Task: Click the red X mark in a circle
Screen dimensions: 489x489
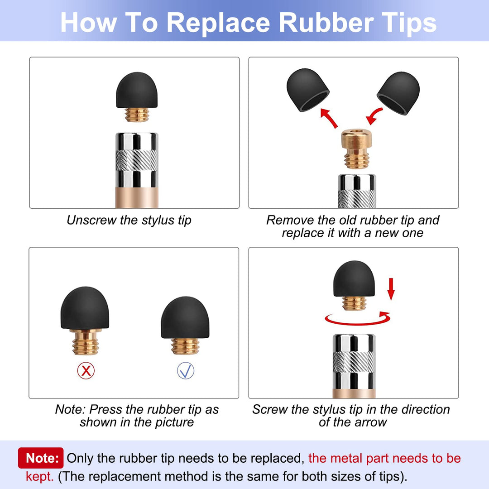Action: click(86, 370)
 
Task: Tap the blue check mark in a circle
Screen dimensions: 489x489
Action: click(186, 370)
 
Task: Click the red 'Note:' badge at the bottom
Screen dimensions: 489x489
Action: click(41, 458)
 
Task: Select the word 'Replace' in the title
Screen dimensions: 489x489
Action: click(218, 23)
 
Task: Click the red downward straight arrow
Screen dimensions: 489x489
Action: click(391, 289)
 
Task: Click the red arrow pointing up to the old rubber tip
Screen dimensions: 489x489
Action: click(329, 118)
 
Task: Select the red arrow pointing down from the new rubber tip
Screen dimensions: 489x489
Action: click(374, 116)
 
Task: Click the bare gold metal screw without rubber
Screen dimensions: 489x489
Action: click(356, 149)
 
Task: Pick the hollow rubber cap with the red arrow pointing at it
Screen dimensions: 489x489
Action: click(398, 93)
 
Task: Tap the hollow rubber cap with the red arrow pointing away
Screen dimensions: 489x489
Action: click(308, 90)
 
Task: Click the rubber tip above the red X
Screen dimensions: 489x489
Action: click(85, 307)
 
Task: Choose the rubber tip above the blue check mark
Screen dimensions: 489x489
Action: click(185, 317)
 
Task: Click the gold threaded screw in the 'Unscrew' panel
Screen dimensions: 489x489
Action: click(137, 115)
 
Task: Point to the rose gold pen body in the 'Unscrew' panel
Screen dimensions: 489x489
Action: click(137, 198)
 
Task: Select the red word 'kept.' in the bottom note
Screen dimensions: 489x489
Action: click(39, 476)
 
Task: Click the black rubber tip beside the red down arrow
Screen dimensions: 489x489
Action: click(354, 278)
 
